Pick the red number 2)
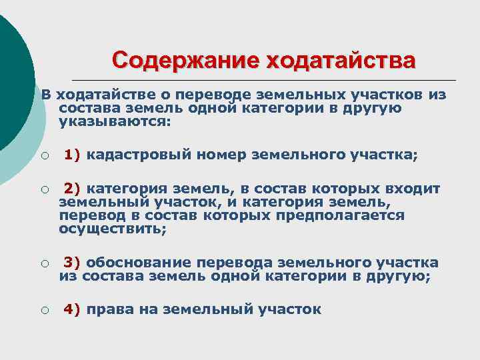pos(72,188)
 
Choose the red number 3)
pos(72,262)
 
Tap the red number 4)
pos(72,309)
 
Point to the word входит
pos(413,188)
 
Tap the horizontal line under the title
pos(267,79)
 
